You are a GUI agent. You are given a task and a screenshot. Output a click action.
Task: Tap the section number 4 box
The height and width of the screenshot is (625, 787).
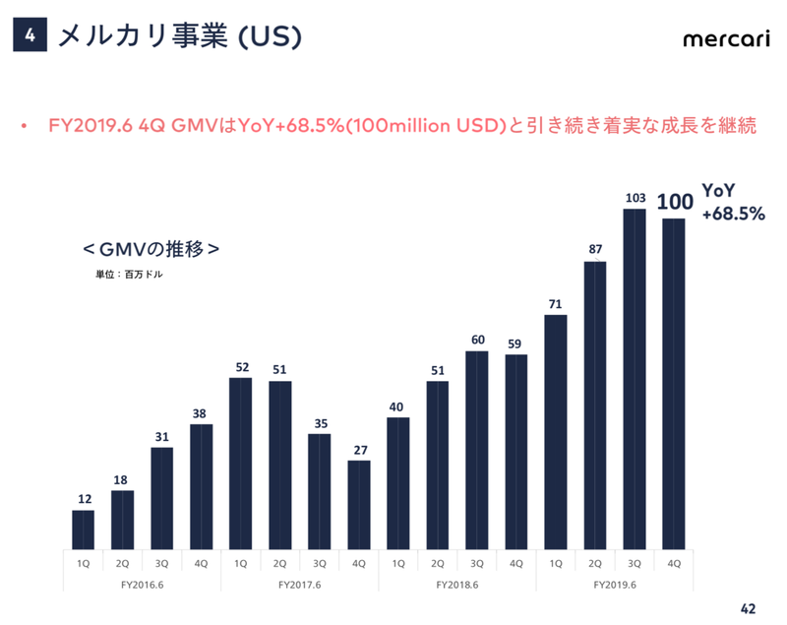tap(30, 36)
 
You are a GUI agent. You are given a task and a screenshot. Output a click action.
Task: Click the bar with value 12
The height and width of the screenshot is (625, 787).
tap(84, 530)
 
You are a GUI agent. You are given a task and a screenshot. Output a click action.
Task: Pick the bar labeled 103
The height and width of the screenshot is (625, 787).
tap(635, 379)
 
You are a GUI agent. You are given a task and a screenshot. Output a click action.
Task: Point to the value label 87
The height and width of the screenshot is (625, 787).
tap(595, 249)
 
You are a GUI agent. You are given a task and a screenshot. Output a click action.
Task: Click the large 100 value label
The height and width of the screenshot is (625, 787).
tap(675, 203)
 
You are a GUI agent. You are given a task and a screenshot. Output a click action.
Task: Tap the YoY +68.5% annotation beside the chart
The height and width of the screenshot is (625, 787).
tap(732, 202)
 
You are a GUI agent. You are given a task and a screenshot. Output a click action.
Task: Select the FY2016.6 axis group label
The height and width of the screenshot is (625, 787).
tap(142, 584)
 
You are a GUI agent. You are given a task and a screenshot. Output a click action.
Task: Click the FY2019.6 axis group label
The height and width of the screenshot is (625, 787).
tap(615, 584)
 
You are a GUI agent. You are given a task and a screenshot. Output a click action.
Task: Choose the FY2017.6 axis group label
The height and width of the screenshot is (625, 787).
tap(299, 584)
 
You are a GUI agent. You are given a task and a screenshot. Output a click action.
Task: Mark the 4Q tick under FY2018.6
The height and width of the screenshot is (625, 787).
tap(516, 563)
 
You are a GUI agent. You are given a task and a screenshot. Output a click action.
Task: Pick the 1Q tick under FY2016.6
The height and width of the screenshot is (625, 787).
tap(84, 563)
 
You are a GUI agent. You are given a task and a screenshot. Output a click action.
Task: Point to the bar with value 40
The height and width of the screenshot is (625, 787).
tap(398, 483)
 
